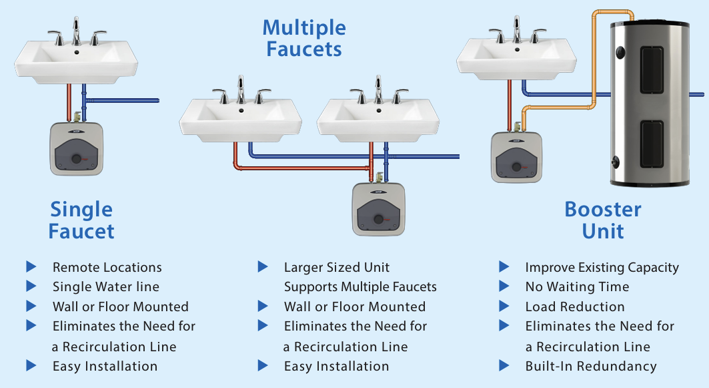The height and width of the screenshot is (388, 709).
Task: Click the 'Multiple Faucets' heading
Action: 304,38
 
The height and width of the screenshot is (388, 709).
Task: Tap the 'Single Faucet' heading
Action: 82,220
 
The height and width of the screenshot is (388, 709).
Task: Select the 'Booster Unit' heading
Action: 603,220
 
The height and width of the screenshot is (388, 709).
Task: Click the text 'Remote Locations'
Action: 107,267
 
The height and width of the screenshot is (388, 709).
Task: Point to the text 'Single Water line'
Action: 106,287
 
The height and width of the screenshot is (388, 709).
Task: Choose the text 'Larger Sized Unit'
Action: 337,267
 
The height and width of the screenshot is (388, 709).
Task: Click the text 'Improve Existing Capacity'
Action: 602,267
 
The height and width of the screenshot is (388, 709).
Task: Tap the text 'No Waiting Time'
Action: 577,287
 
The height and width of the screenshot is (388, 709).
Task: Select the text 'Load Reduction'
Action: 575,307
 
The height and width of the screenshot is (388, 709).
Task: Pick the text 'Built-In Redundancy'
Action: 591,367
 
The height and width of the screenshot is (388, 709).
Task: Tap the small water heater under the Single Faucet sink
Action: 77,149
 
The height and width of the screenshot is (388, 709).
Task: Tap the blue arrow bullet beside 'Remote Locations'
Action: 31,267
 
